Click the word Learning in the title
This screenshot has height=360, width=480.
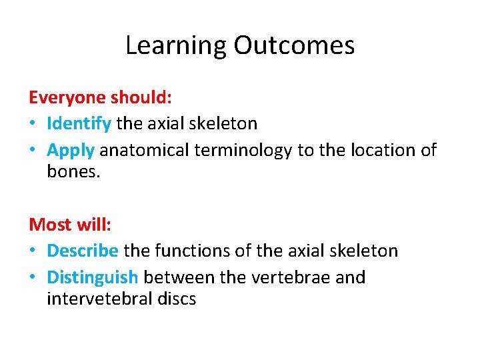(x=176, y=46)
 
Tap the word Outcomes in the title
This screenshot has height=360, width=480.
(x=294, y=46)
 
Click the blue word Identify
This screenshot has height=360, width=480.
(x=79, y=124)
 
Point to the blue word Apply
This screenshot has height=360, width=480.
(x=70, y=151)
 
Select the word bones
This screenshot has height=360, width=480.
(x=72, y=172)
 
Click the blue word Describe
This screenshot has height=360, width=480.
(x=83, y=251)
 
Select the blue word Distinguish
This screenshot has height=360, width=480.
(x=93, y=277)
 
